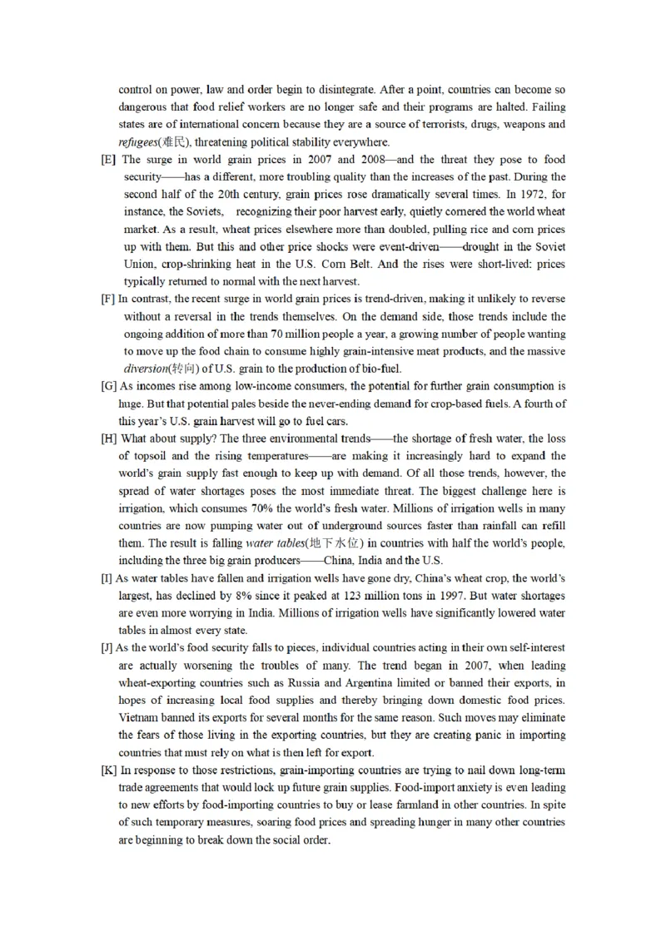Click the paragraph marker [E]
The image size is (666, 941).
[x=108, y=160]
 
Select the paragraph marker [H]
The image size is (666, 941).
[x=108, y=438]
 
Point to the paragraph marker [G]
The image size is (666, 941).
[x=108, y=386]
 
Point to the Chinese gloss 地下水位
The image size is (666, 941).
[x=335, y=543]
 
